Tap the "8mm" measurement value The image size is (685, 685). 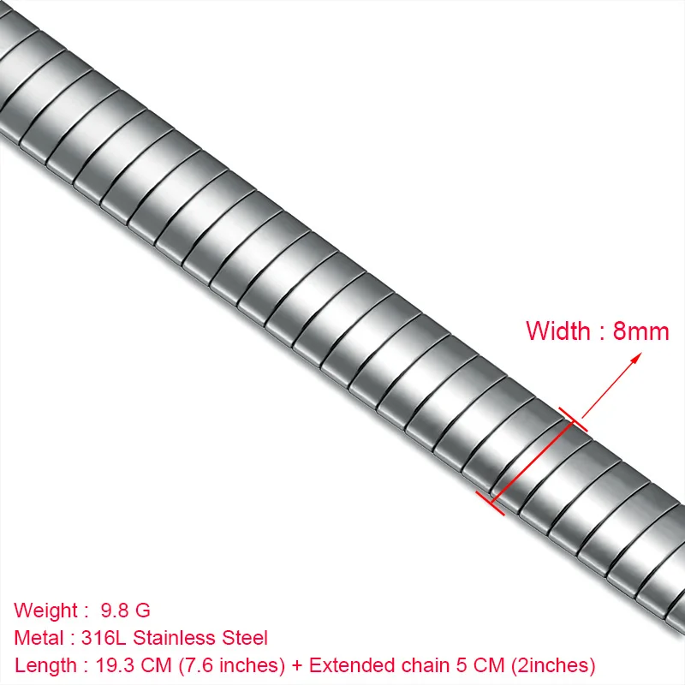(x=640, y=331)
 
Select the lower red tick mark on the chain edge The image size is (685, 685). (x=490, y=503)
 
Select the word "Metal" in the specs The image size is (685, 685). (x=39, y=638)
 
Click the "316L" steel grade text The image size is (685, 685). (x=102, y=638)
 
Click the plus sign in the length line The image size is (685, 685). (x=296, y=665)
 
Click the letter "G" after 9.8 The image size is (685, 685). (x=143, y=611)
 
